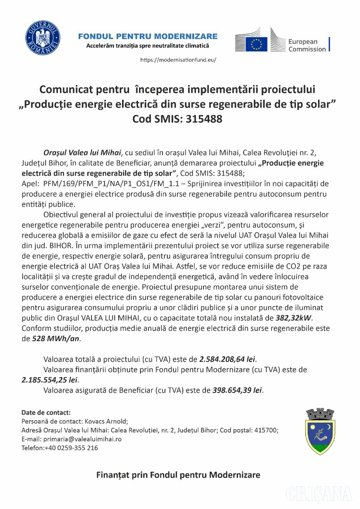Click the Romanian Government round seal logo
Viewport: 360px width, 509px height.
click(x=43, y=35)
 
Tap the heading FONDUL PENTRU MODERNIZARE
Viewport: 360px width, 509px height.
click(x=147, y=36)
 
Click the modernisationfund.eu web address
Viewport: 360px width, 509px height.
click(x=179, y=60)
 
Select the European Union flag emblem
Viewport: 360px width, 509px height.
click(x=255, y=42)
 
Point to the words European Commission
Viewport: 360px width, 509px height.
click(x=307, y=45)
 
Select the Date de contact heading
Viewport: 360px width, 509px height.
click(x=46, y=412)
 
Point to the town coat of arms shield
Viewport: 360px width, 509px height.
click(x=320, y=430)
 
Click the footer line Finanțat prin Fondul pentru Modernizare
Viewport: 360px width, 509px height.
click(x=178, y=475)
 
